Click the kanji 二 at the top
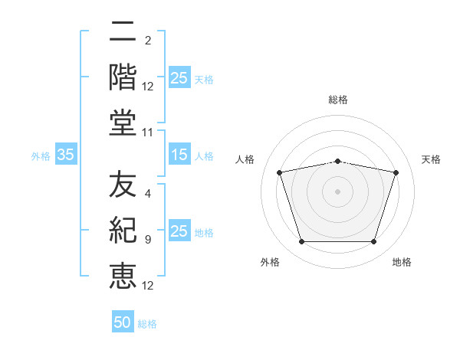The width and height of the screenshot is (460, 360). tap(123, 33)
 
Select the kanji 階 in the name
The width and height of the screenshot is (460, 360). tap(123, 77)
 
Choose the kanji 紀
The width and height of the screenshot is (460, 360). tap(123, 231)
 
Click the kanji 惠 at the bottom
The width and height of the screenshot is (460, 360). tap(123, 275)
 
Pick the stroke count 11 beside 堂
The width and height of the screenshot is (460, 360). tap(148, 133)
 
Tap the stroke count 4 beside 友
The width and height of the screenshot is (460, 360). tap(147, 195)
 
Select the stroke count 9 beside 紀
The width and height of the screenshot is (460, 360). tap(147, 240)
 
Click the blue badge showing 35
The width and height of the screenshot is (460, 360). tap(65, 155)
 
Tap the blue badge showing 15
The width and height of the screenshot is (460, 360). tap(179, 155)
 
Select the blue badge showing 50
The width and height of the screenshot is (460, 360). tap(123, 322)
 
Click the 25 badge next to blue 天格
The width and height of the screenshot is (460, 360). tap(179, 78)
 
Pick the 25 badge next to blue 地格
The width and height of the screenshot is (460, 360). tap(179, 232)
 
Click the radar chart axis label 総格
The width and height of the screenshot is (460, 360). tap(338, 100)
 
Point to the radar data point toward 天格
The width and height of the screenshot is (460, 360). tap(396, 172)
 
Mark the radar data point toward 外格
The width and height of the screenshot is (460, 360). tap(301, 242)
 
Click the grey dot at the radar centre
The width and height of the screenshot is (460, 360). tap(337, 191)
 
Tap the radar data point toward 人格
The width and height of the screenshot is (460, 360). tap(280, 172)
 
